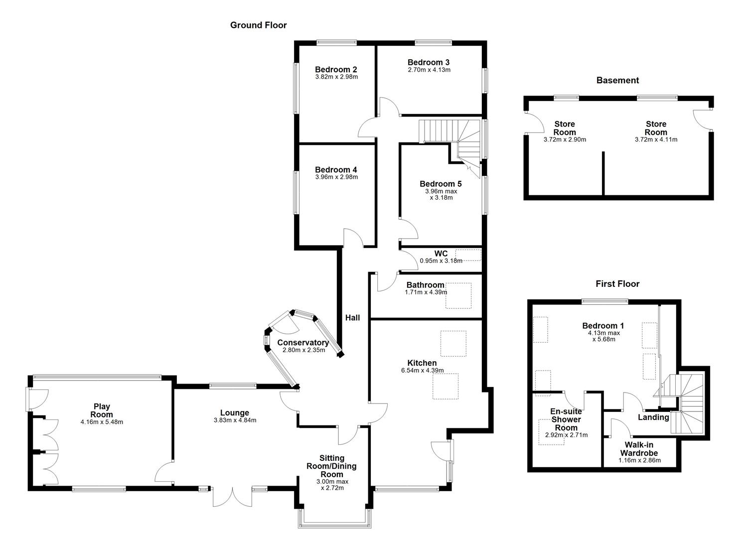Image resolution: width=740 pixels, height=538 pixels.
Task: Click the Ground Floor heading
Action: pyautogui.click(x=258, y=25)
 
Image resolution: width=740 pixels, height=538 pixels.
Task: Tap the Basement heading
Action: pyautogui.click(x=617, y=80)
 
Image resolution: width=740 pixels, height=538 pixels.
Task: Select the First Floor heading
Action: pyautogui.click(x=617, y=284)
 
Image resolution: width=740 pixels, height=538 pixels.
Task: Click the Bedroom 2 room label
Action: pyautogui.click(x=336, y=70)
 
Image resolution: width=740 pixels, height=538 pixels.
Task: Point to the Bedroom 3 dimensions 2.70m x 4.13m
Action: pyautogui.click(x=429, y=70)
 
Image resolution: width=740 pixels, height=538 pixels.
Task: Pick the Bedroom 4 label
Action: pyautogui.click(x=336, y=170)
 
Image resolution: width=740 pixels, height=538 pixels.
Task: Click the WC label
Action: pyautogui.click(x=441, y=254)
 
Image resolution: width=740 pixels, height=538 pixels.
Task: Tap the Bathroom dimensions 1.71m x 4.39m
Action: pyautogui.click(x=426, y=292)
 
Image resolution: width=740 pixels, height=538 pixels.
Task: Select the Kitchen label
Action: pyautogui.click(x=422, y=363)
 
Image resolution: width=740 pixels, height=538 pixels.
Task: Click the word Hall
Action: pyautogui.click(x=352, y=318)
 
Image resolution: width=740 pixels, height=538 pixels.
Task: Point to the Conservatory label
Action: pyautogui.click(x=303, y=343)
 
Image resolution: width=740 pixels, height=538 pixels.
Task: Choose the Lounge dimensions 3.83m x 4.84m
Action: pyautogui.click(x=234, y=420)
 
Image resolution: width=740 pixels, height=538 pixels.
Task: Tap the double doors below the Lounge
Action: pyautogui.click(x=232, y=496)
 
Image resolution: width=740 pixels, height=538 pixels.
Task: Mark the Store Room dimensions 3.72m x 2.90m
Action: pyautogui.click(x=564, y=140)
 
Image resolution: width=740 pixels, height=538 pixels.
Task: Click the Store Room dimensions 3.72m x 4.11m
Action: pyautogui.click(x=656, y=140)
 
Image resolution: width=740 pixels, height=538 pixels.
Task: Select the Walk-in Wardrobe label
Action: pyautogui.click(x=639, y=449)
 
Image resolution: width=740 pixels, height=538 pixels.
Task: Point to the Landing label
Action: pyautogui.click(x=653, y=417)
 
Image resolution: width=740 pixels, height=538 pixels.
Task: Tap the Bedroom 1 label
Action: pyautogui.click(x=603, y=326)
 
